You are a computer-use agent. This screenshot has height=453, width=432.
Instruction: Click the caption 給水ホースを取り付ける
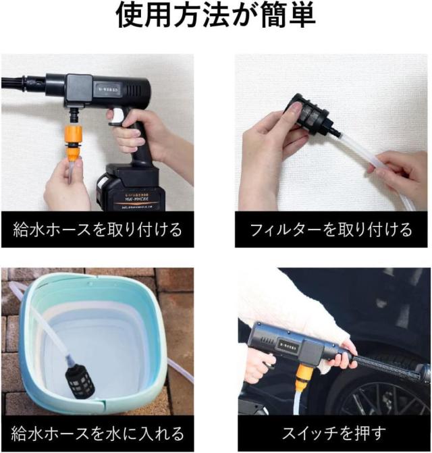pyautogui.click(x=97, y=230)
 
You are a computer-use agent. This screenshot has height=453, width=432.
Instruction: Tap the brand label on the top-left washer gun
pyautogui.click(x=109, y=88)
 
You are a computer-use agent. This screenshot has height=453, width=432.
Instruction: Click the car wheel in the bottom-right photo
pyautogui.click(x=385, y=398)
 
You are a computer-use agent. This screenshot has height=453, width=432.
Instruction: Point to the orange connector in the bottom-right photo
pyautogui.click(x=304, y=371)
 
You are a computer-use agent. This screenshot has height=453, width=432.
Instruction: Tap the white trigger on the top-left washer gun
pyautogui.click(x=115, y=119)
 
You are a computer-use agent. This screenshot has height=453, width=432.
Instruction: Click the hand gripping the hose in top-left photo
pyautogui.click(x=64, y=186)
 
